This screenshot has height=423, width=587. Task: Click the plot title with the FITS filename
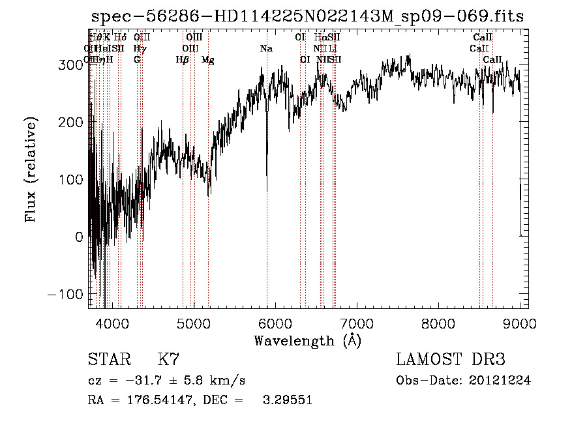[307, 17]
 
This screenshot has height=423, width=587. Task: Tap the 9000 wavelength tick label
[520, 323]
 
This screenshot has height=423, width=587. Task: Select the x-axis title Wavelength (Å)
[307, 340]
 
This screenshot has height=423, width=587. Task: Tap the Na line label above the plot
[266, 49]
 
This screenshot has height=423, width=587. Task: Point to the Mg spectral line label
[207, 60]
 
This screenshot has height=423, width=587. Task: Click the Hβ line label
[183, 60]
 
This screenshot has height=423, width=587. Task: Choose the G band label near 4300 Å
[137, 60]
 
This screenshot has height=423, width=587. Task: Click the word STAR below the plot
[108, 360]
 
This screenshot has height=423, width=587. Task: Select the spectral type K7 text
[168, 360]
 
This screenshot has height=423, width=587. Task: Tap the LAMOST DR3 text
[451, 360]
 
